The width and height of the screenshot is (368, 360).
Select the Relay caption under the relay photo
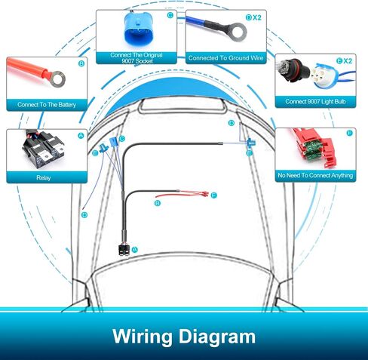pyautogui.click(x=44, y=178)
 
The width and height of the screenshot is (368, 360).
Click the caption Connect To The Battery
pyautogui.click(x=47, y=105)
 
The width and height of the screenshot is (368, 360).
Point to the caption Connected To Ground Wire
pyautogui.click(x=225, y=58)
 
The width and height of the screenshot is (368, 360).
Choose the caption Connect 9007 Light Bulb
pyautogui.click(x=315, y=101)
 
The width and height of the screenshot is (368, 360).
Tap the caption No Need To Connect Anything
pyautogui.click(x=315, y=175)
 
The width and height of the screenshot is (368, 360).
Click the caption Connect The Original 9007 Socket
pyautogui.click(x=136, y=58)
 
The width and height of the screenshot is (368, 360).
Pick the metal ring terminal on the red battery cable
pyautogui.click(x=58, y=79)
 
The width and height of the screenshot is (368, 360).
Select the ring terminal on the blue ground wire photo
pyautogui.click(x=238, y=32)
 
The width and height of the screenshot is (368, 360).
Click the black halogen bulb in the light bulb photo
pyautogui.click(x=293, y=71)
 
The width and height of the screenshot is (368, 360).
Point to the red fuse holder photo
pyautogui.click(x=315, y=147)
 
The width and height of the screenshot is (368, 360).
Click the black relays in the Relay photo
pyautogui.click(x=44, y=149)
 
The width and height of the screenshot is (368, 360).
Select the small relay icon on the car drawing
pyautogui.click(x=124, y=251)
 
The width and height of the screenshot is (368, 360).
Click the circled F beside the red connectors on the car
pyautogui.click(x=214, y=195)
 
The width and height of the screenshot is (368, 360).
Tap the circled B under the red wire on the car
pyautogui.click(x=158, y=203)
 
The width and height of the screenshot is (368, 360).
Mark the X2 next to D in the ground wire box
pyautogui.click(x=257, y=17)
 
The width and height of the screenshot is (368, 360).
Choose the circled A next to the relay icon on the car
pyautogui.click(x=135, y=250)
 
